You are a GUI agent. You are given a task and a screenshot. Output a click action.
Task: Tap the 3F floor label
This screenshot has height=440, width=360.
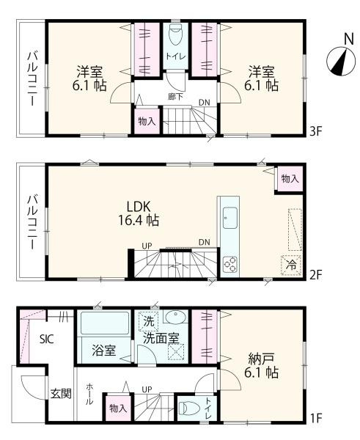(315, 132)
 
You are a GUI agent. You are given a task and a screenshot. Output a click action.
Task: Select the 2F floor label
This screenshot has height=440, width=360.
(315, 276)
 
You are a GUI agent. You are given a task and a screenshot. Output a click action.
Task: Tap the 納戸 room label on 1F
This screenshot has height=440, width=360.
(262, 366)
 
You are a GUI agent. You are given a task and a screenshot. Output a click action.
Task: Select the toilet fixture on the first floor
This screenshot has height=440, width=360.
(186, 406)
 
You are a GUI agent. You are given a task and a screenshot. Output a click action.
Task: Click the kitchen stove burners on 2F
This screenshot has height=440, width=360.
(229, 262)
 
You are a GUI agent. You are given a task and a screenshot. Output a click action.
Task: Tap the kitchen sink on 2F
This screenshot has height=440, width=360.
(229, 216)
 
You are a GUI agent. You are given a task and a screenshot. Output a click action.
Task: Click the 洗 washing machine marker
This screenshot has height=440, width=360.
(147, 321)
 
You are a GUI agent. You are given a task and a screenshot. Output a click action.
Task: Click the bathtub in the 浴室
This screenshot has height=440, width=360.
(104, 323)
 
